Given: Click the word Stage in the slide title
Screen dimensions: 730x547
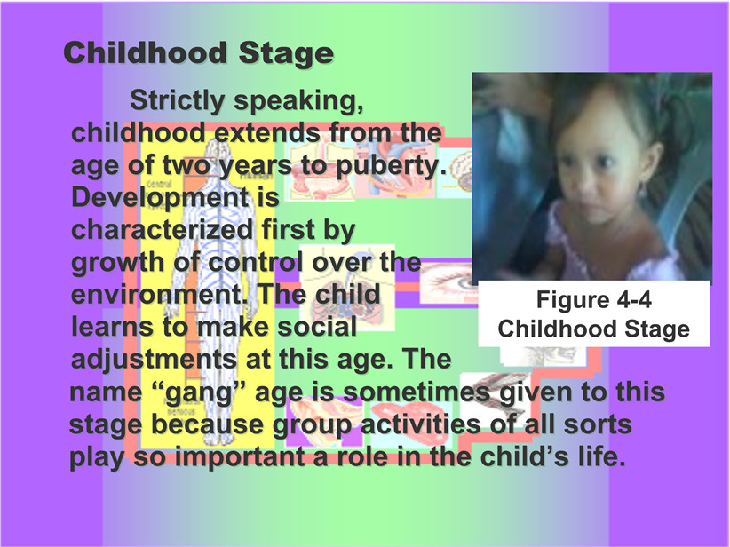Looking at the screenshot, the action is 286,54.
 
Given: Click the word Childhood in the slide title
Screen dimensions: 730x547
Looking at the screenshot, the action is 146,52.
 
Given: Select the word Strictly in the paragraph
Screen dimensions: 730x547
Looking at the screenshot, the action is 178,101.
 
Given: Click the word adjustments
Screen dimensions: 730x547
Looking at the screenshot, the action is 155,361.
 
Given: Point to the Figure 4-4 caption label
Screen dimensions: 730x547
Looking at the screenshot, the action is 593,299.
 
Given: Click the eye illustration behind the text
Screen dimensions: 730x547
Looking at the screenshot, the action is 447,282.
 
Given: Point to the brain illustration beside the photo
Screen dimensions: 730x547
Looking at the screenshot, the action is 458,172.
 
